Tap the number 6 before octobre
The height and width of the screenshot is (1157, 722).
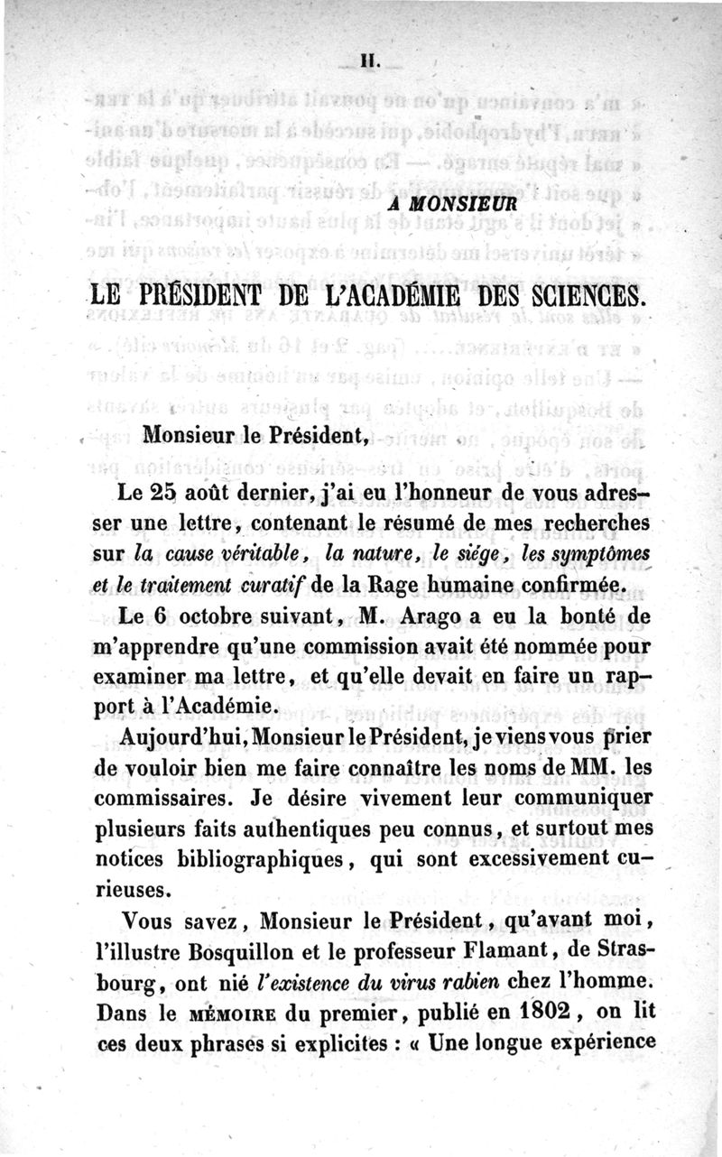click(168, 616)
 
